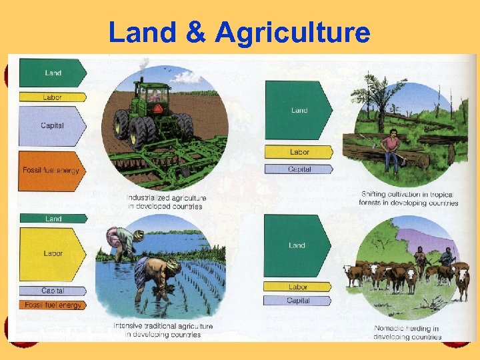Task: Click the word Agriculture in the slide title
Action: click(293, 31)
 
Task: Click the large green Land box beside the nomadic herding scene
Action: click(297, 245)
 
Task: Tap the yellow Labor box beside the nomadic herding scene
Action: click(297, 287)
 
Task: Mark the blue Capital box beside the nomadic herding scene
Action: click(297, 301)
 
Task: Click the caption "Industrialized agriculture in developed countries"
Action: click(167, 202)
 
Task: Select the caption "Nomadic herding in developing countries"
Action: click(407, 332)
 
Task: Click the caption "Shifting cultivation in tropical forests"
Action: click(409, 198)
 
